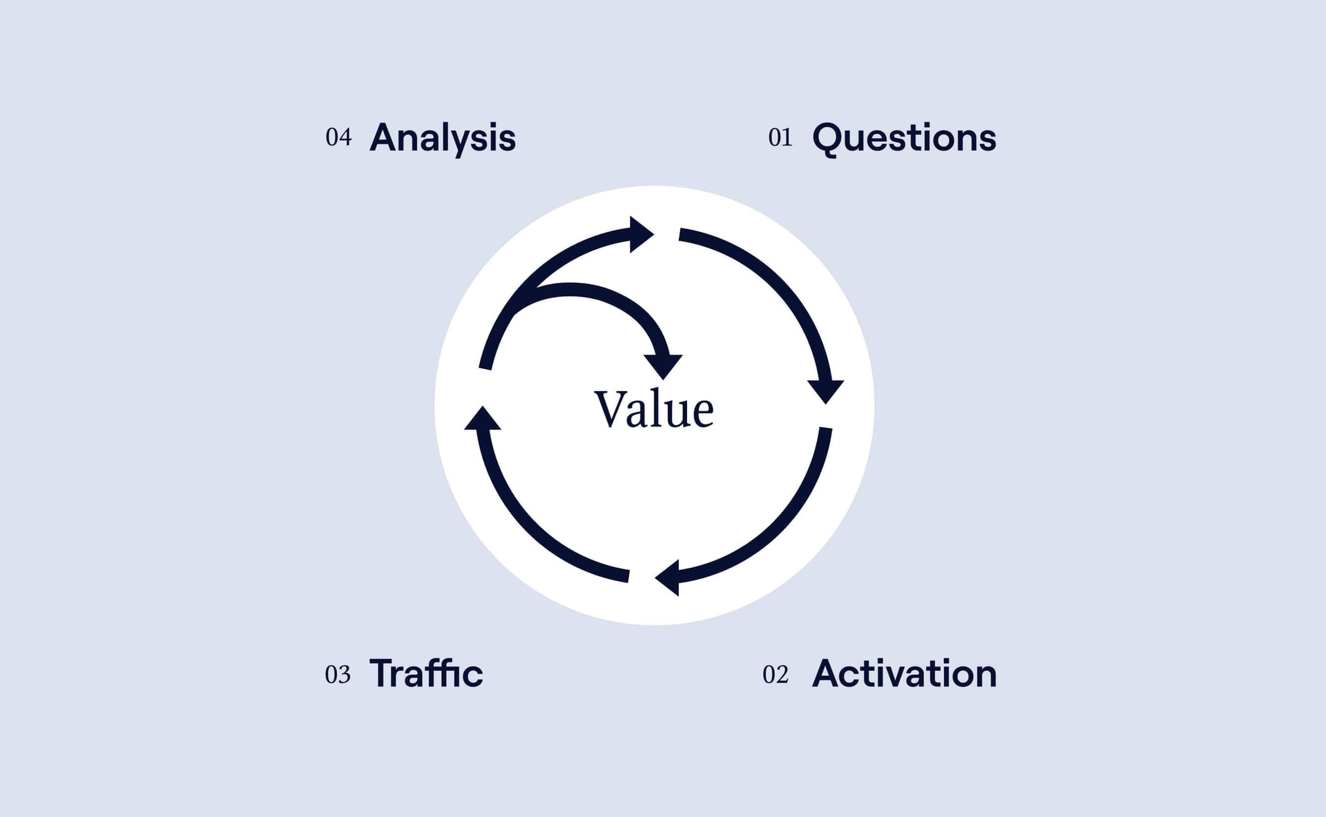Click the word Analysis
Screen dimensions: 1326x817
pos(443,138)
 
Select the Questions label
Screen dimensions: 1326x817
pos(904,138)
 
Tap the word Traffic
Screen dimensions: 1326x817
pos(426,673)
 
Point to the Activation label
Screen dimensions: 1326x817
pos(905,673)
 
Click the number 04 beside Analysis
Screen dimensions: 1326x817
pos(338,137)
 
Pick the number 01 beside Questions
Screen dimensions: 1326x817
pos(780,137)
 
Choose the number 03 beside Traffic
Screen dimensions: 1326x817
pos(338,674)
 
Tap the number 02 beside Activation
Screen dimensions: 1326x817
pos(776,674)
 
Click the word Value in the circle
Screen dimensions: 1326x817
pos(654,409)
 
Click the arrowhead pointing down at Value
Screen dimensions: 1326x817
pos(663,366)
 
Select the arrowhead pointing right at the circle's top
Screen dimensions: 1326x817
pos(640,235)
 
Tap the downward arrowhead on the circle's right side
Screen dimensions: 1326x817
pos(825,391)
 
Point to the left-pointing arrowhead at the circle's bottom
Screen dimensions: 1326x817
pos(669,578)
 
